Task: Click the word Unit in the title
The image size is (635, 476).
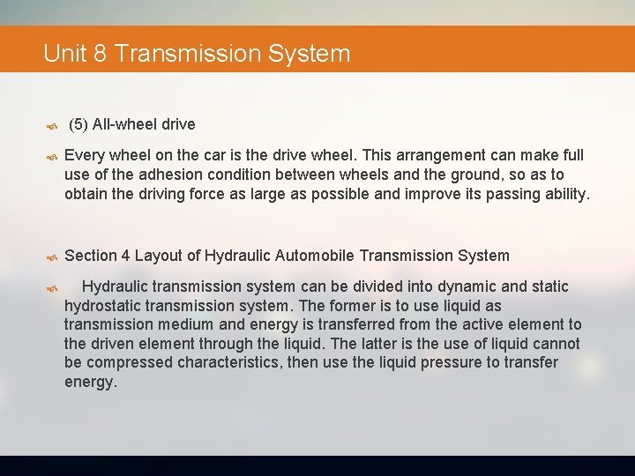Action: click(x=63, y=54)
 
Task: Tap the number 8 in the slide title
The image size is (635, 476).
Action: click(x=100, y=54)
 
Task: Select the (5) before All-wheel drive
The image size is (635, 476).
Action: click(x=78, y=124)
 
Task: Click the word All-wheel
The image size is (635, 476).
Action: click(x=125, y=124)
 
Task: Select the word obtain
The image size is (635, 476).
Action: click(x=87, y=194)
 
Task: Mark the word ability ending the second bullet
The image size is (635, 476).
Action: click(x=561, y=194)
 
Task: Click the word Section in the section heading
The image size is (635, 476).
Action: click(x=91, y=256)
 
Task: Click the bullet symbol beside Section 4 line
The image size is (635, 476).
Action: click(x=51, y=257)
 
